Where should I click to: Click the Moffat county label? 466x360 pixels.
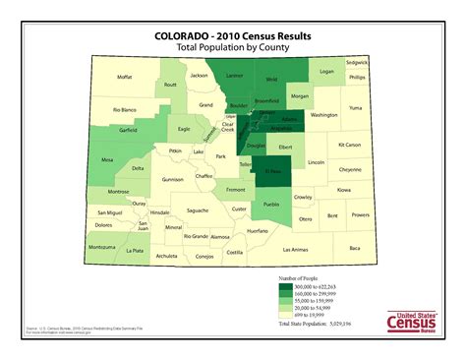pos(124,77)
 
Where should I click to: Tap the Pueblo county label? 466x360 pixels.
pos(272,205)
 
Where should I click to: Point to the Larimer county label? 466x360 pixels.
pos(234,75)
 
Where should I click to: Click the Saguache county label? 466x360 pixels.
pos(197,210)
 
